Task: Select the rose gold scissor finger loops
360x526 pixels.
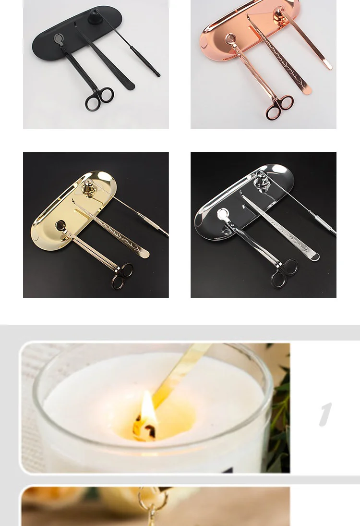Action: coord(280,106)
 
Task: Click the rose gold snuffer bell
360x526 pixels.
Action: coord(279,12)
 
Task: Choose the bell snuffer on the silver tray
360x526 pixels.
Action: coord(260,178)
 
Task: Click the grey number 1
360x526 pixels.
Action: coord(326,415)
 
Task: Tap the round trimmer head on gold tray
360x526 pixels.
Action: coord(61,224)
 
